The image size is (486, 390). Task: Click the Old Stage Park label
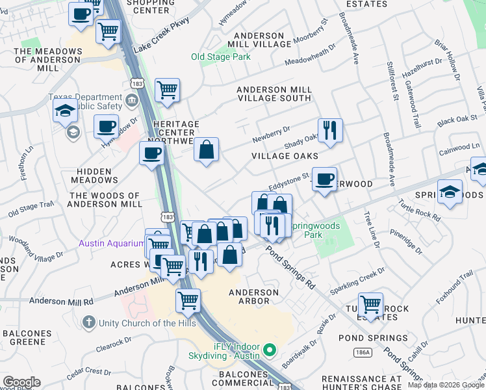pos(221,57)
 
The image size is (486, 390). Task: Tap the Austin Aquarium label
pos(111,244)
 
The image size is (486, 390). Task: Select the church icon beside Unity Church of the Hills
pos(89,322)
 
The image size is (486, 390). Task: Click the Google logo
pos(21,382)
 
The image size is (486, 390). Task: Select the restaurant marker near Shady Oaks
pos(330,130)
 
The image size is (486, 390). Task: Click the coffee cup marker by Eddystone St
pos(324,179)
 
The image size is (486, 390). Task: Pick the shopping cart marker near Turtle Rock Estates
pos(370,304)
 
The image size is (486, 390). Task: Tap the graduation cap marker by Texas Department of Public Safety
pos(65,110)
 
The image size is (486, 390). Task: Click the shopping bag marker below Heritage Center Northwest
pos(206,149)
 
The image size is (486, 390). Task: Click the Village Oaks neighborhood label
pos(285,156)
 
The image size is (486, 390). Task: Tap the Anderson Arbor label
pos(253,297)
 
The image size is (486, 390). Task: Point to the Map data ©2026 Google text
pos(446,385)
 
